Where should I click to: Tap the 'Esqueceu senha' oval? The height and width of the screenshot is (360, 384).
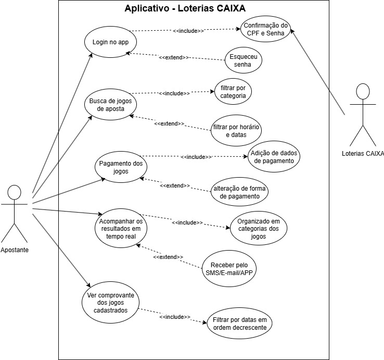click(x=243, y=60)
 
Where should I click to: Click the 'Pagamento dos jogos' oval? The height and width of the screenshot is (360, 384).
click(x=121, y=167)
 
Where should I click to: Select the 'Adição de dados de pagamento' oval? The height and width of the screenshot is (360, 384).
click(x=274, y=157)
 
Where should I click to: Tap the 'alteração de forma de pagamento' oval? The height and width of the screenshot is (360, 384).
click(x=239, y=192)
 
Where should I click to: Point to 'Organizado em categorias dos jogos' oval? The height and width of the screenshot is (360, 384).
click(x=259, y=228)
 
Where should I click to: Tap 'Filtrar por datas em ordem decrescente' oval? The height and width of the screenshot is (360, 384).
click(x=239, y=324)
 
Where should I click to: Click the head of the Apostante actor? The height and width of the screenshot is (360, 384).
click(x=15, y=193)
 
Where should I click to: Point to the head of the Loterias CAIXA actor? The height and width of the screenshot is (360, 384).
click(x=363, y=92)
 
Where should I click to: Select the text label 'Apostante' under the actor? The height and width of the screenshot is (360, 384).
click(x=15, y=250)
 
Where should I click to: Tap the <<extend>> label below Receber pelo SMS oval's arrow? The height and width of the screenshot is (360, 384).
click(x=168, y=257)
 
